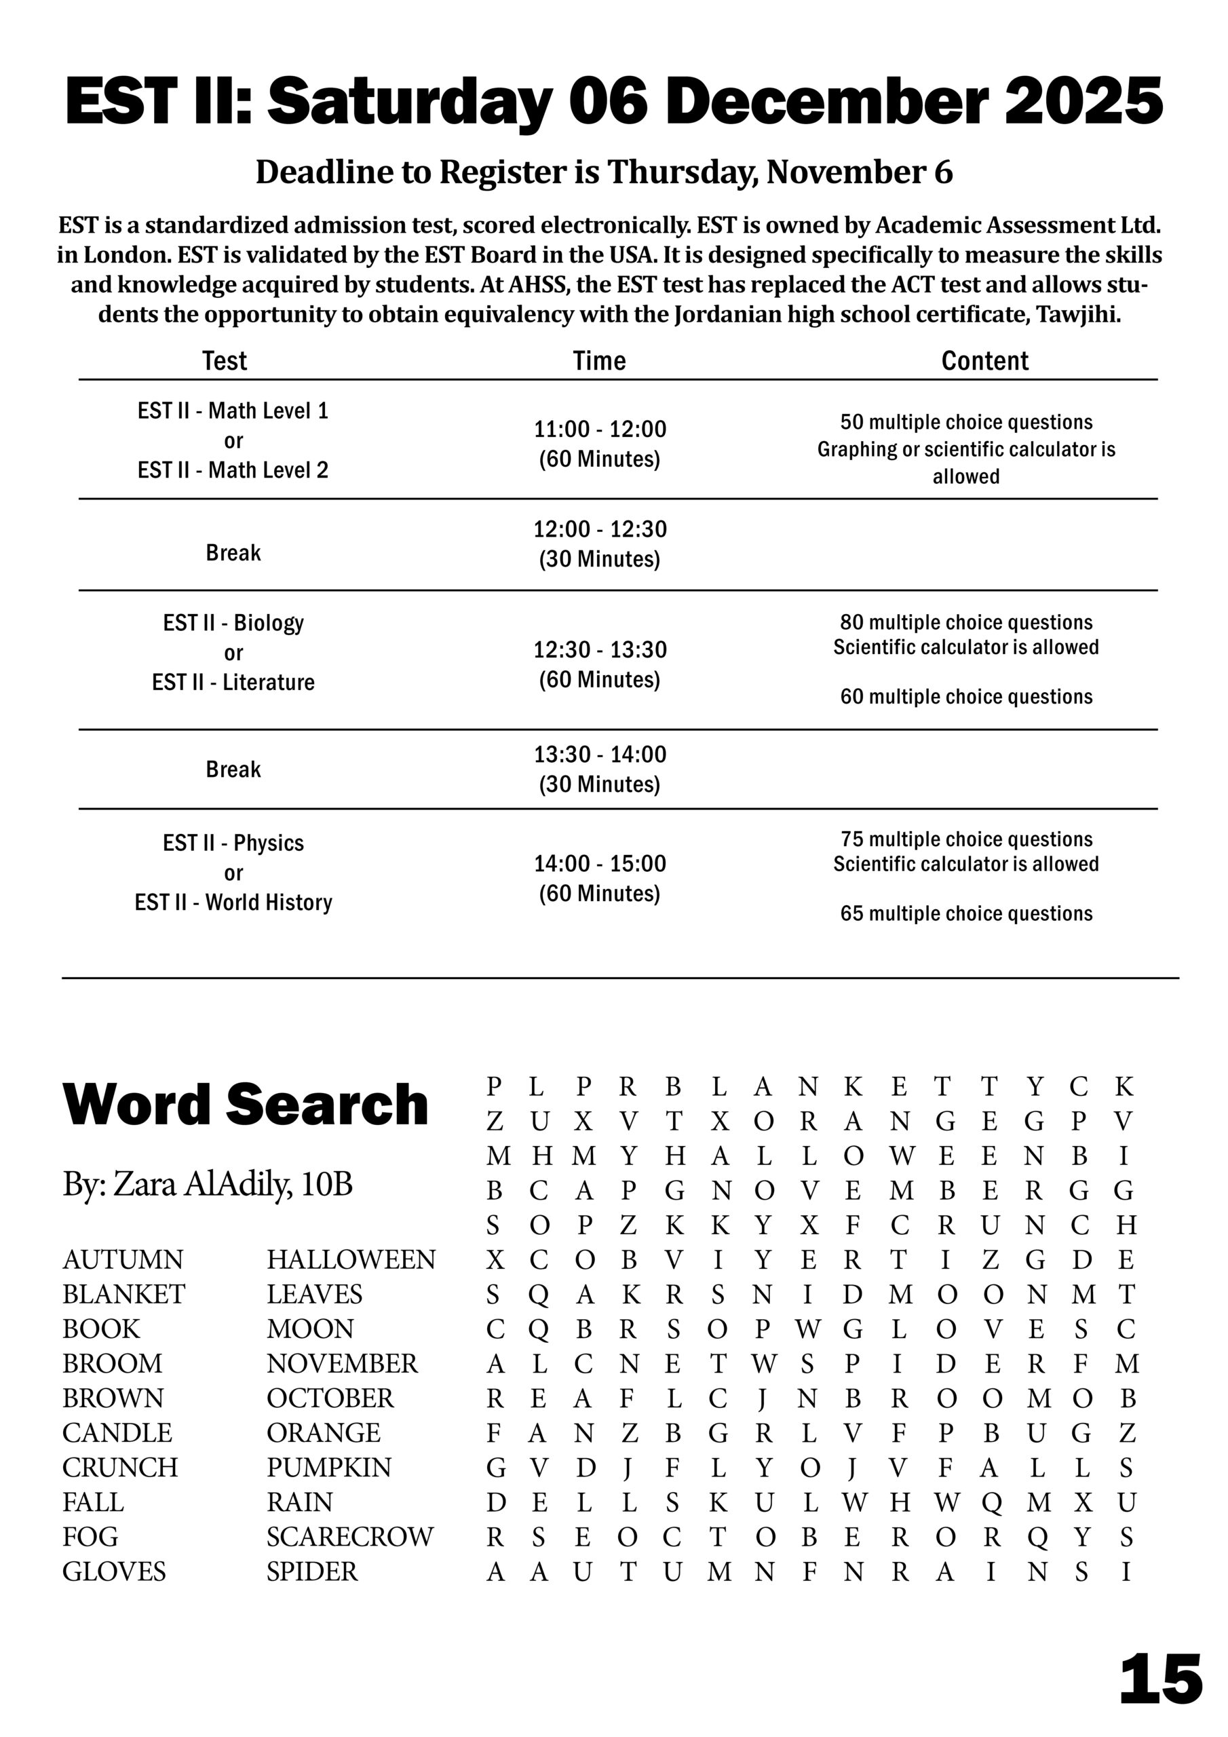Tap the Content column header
coord(984,361)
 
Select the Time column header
coord(599,361)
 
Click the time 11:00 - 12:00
coord(600,429)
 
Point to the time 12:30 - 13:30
coord(600,650)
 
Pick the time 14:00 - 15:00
coord(600,863)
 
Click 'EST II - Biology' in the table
coord(233,623)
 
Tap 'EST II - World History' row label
coord(233,902)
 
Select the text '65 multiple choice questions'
coord(966,913)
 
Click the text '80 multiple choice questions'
coord(966,622)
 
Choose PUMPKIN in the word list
coord(328,1467)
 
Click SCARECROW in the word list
coord(349,1537)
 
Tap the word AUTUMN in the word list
coord(123,1259)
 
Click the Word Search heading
coord(245,1105)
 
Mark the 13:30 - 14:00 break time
coord(600,755)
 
